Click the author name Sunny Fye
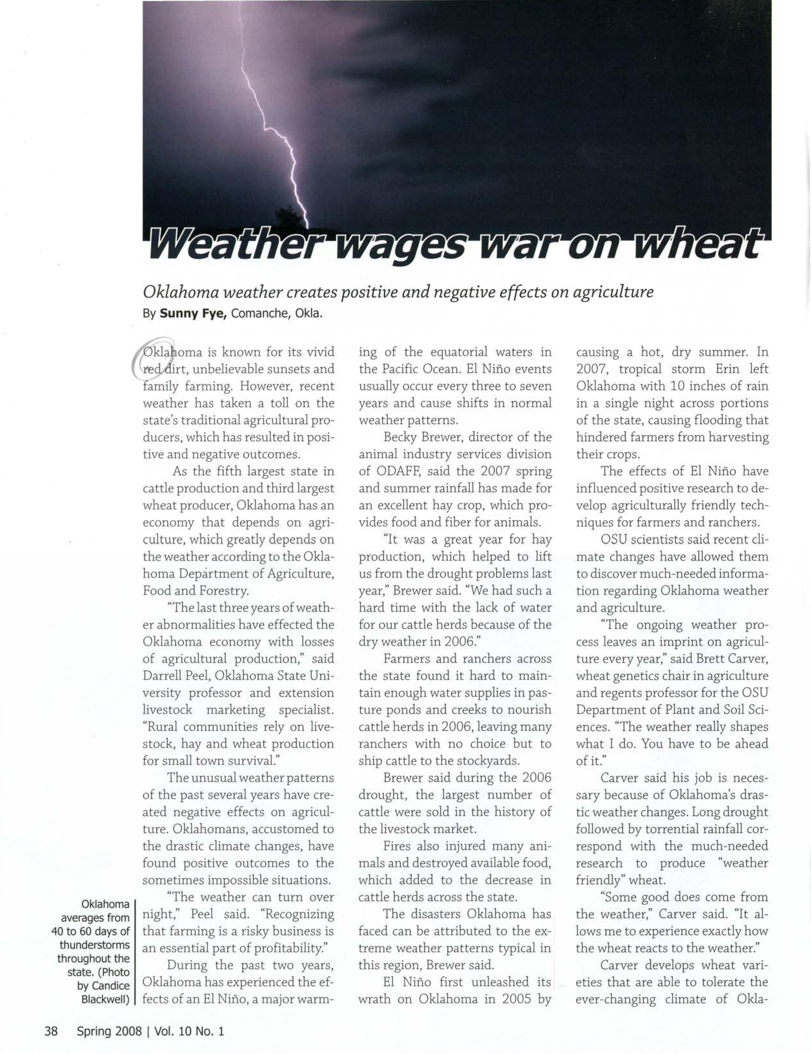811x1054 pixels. point(193,314)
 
